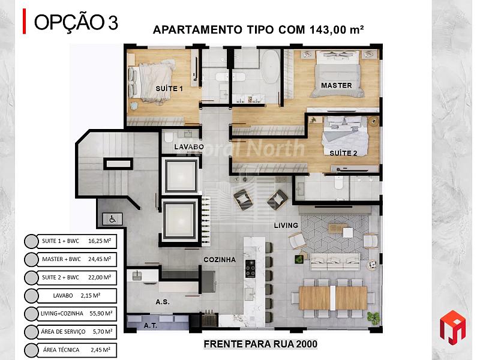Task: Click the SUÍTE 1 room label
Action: click(x=169, y=89)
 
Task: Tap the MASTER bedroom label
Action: click(x=337, y=85)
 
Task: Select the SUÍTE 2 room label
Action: click(x=343, y=153)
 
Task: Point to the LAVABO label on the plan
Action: click(x=189, y=147)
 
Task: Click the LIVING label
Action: click(x=286, y=226)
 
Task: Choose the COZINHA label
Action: click(x=220, y=260)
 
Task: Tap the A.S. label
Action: click(x=163, y=302)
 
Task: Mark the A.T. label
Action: click(x=151, y=326)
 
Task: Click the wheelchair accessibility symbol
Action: click(x=112, y=219)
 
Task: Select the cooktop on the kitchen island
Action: click(x=250, y=268)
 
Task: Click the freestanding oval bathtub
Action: click(x=269, y=67)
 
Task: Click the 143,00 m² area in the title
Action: click(x=337, y=29)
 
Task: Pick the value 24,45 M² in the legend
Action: click(x=100, y=259)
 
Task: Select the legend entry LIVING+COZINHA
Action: click(x=62, y=313)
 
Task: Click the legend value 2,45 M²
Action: click(x=100, y=350)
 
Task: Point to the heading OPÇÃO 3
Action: click(x=76, y=22)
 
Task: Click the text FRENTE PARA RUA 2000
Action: click(x=260, y=344)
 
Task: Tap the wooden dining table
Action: click(x=333, y=298)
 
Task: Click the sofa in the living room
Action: click(x=335, y=262)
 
